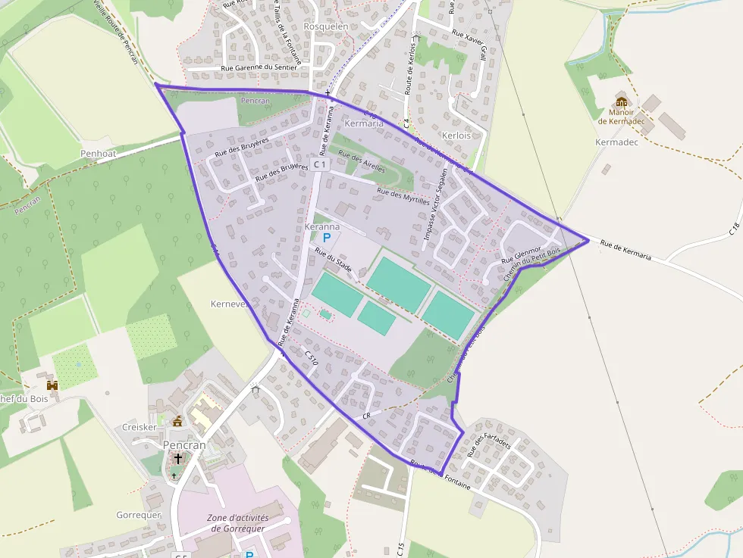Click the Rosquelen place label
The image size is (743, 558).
[x=325, y=26]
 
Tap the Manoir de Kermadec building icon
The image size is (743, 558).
[x=622, y=102]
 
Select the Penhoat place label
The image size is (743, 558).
[x=98, y=153]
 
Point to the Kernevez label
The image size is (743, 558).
[x=228, y=304]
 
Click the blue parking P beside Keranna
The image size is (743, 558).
[x=327, y=238]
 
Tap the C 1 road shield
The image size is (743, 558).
[x=320, y=164]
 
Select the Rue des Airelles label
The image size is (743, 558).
[x=361, y=161]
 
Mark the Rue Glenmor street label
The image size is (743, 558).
[x=520, y=255]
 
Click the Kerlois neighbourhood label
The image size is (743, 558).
[x=456, y=136]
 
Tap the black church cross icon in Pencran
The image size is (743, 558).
[x=178, y=459]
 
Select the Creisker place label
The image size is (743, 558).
[x=139, y=428]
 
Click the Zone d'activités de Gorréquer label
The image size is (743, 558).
[x=238, y=522]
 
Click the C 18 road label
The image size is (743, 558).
[x=733, y=228]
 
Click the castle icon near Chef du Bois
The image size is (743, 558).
[x=52, y=385]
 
